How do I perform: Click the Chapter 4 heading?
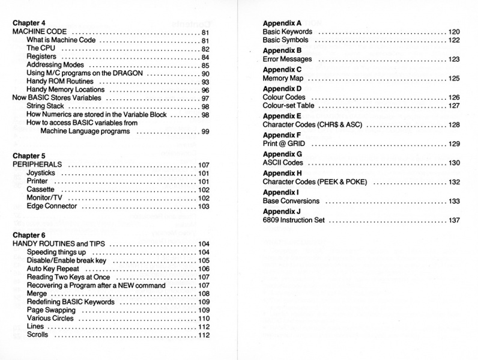29,23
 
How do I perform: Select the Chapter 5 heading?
29,156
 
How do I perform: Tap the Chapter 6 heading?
29,235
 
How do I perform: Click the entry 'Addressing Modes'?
55,65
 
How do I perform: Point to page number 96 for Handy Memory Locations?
205,90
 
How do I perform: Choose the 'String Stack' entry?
46,106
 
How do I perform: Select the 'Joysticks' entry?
43,173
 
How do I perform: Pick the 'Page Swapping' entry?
51,310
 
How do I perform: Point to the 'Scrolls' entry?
37,335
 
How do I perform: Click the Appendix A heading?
282,22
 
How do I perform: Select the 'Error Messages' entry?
287,59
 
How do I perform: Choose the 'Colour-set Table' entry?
289,106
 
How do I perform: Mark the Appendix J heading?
282,211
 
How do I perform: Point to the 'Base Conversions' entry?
291,201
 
